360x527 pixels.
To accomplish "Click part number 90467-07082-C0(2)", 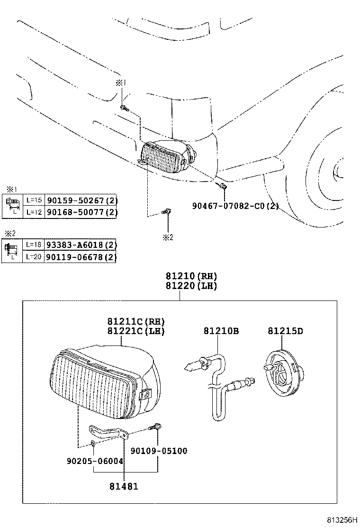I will click(x=235, y=206).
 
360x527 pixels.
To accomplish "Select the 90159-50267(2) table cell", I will click(x=81, y=200).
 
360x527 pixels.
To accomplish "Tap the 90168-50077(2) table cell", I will click(x=81, y=212).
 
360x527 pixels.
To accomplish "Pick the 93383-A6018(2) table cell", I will click(x=81, y=245).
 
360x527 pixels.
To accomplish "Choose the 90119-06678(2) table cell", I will click(x=81, y=257).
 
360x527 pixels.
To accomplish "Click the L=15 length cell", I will click(x=34, y=200).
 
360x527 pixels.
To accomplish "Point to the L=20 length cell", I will click(x=34, y=257).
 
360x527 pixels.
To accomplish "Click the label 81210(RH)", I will click(x=191, y=276).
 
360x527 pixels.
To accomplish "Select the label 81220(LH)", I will click(x=191, y=286).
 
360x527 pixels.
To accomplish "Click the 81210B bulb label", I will click(x=222, y=331).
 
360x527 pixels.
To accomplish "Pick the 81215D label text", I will click(x=285, y=331).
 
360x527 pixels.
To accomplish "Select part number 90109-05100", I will click(x=159, y=451).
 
